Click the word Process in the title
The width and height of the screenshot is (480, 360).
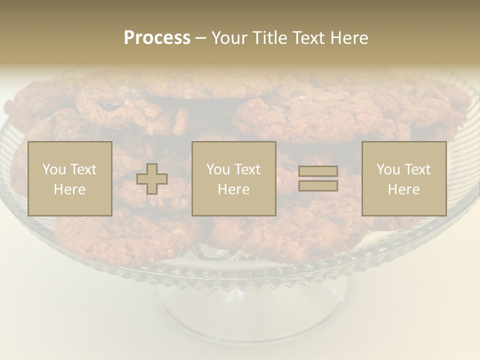point(157,38)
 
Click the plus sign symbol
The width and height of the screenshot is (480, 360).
point(152,179)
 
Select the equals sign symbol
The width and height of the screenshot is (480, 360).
point(318,178)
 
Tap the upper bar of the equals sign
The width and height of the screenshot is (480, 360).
point(318,171)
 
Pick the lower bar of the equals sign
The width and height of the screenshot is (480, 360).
point(318,185)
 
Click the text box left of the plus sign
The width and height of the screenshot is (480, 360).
point(70,179)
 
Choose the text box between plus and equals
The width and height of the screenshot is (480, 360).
point(234,179)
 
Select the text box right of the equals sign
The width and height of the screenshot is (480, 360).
point(404,179)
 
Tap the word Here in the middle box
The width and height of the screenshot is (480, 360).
point(234,189)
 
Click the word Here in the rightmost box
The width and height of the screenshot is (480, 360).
point(404,189)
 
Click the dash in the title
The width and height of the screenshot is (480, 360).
point(201,38)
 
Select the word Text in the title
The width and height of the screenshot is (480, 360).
point(307,38)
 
